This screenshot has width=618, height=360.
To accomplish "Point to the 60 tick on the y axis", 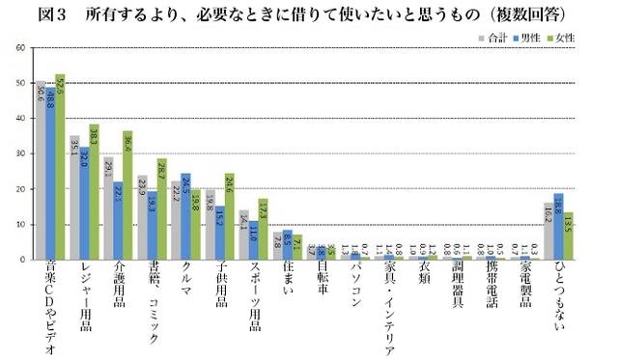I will [20, 48].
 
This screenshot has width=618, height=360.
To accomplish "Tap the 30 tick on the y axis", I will [20, 154].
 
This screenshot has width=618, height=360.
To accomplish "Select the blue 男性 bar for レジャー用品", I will [84, 203].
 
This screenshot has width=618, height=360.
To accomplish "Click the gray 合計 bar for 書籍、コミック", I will [142, 217].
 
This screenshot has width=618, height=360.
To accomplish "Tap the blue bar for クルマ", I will [185, 216].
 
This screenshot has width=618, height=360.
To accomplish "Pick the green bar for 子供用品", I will [229, 216].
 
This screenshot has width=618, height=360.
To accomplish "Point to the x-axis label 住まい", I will [287, 285].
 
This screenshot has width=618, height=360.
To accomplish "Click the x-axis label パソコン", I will [354, 290].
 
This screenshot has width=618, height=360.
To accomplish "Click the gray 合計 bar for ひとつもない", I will [548, 231].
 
